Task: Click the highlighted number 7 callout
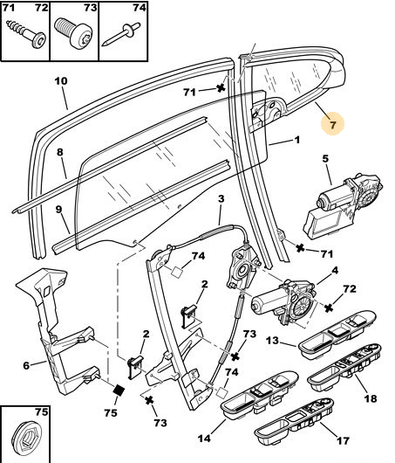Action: (332, 124)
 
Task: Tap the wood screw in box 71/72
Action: (26, 33)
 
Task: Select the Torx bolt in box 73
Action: (73, 32)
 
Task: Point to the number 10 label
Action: (61, 81)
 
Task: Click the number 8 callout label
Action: (60, 152)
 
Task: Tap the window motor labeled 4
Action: (283, 301)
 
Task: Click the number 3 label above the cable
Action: (221, 199)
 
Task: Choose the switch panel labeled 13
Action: (337, 335)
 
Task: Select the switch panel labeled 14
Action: (259, 395)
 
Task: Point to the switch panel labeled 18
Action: (344, 368)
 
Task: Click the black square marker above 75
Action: (119, 391)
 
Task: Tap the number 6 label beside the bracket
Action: (26, 365)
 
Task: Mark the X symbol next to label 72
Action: (329, 308)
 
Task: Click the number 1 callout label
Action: (297, 140)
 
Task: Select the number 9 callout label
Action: (58, 210)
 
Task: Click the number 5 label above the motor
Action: (325, 159)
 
